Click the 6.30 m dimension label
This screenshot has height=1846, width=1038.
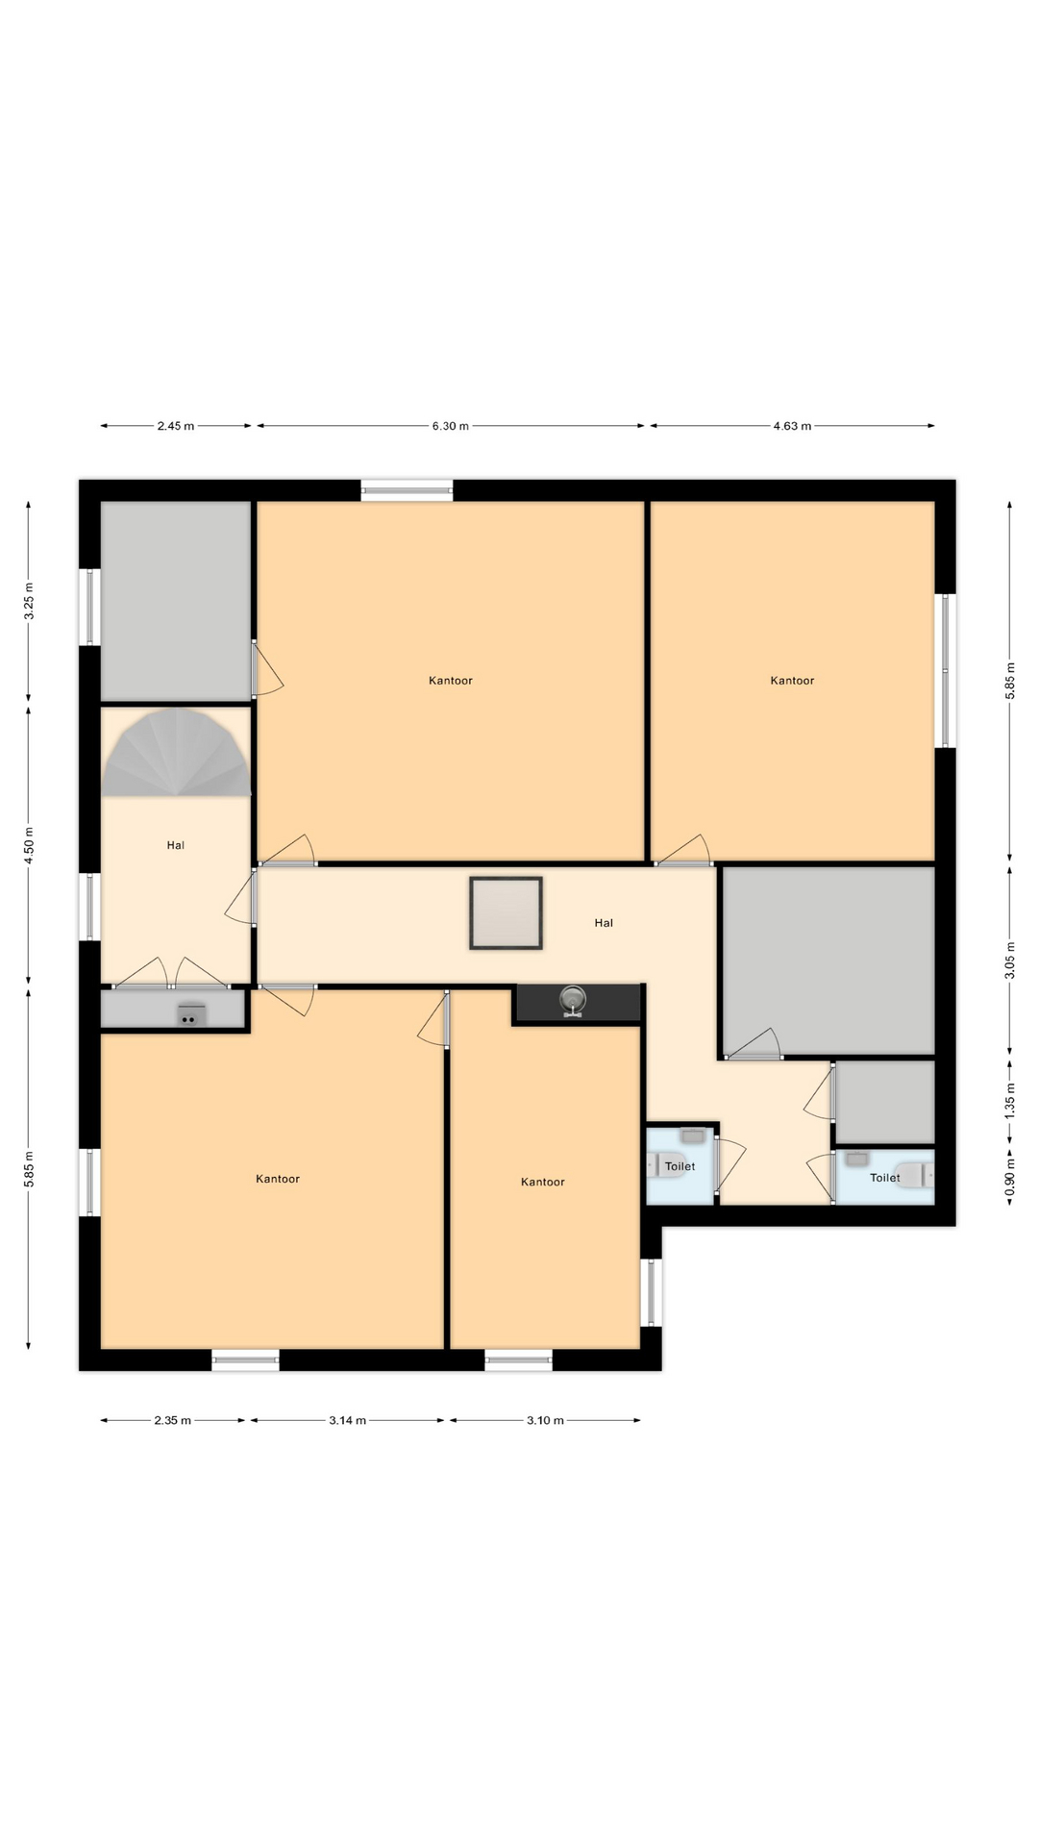click(450, 426)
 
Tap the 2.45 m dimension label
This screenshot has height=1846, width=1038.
click(176, 426)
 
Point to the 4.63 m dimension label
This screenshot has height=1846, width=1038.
click(792, 426)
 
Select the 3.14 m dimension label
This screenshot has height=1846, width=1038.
click(347, 1420)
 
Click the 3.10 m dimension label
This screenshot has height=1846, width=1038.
click(545, 1420)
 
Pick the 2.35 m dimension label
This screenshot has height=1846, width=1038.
click(172, 1420)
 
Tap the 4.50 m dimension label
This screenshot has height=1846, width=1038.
click(29, 846)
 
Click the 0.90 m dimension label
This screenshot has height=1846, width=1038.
click(1010, 1179)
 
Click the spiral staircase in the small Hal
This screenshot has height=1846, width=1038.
click(177, 752)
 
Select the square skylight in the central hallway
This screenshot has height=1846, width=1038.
click(506, 913)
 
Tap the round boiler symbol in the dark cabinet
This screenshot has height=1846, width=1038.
click(574, 1001)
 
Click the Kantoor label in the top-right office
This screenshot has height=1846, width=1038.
click(792, 681)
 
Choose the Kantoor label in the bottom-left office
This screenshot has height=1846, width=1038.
click(278, 1179)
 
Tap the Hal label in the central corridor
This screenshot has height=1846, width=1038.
click(604, 923)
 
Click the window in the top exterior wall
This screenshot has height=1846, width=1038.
click(407, 490)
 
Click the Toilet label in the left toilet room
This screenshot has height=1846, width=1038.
click(680, 1166)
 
